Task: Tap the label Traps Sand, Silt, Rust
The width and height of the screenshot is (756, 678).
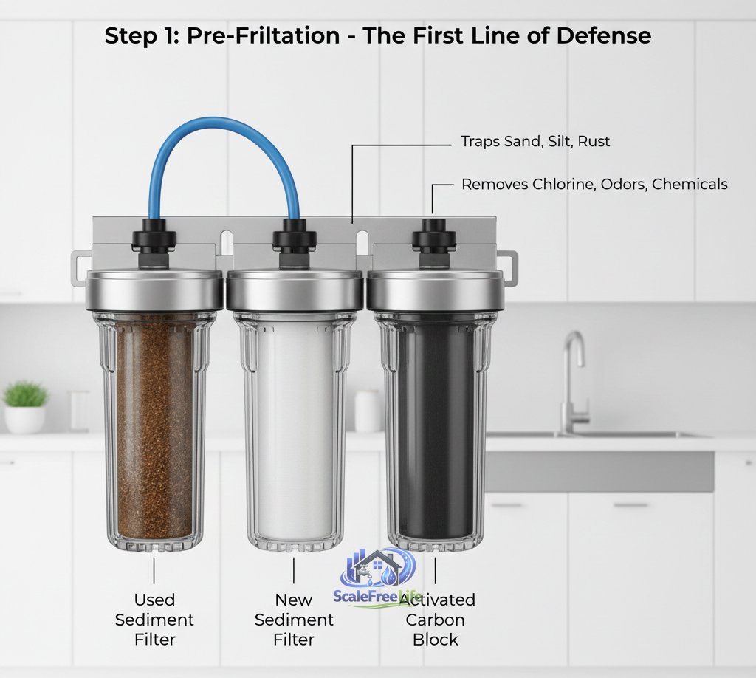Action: tap(535, 141)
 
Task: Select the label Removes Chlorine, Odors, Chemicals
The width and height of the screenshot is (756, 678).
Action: tap(594, 184)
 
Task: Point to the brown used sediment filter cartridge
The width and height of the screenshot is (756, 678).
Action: tap(154, 428)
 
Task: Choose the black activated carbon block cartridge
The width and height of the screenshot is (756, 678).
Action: tap(434, 428)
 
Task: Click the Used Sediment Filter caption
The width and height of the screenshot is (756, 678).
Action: tap(154, 619)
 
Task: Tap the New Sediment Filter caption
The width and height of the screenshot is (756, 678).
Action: tap(294, 619)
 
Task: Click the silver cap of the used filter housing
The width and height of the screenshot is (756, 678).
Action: tap(154, 290)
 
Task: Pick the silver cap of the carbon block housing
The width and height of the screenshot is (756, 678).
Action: tap(435, 290)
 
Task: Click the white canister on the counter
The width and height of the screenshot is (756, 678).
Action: tap(368, 411)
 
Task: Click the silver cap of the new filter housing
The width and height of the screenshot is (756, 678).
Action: tap(295, 290)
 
